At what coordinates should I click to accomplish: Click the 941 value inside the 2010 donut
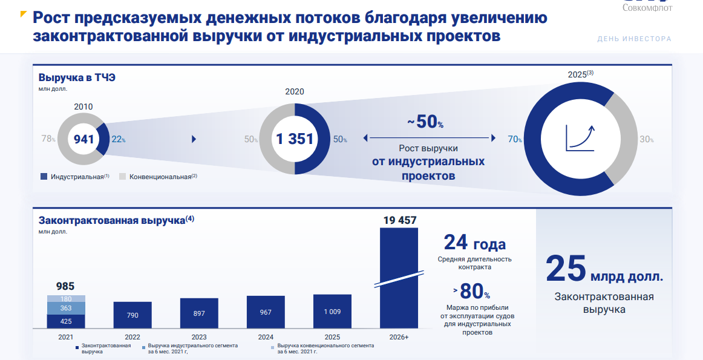(x=84, y=139)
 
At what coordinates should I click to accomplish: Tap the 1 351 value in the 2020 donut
(x=295, y=139)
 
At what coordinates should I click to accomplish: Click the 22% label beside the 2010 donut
(x=119, y=139)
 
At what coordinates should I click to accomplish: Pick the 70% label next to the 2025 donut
(x=515, y=139)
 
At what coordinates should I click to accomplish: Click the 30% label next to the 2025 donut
(x=647, y=139)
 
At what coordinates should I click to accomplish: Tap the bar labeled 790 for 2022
(x=132, y=315)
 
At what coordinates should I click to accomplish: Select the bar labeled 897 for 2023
(x=199, y=313)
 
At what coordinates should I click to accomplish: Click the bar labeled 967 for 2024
(x=266, y=312)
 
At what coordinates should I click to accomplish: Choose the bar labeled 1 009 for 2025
(x=332, y=311)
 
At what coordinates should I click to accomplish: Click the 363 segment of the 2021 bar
(x=66, y=308)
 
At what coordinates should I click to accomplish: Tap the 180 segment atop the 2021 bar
(x=66, y=299)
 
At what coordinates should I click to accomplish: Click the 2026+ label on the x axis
(x=399, y=337)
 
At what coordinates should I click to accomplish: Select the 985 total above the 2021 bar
(x=65, y=286)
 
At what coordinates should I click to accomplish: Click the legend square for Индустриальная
(x=44, y=177)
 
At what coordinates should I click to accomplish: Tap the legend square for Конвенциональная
(x=122, y=177)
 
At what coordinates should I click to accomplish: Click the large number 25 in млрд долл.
(x=566, y=269)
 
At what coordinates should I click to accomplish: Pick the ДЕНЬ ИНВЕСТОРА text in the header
(x=634, y=39)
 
